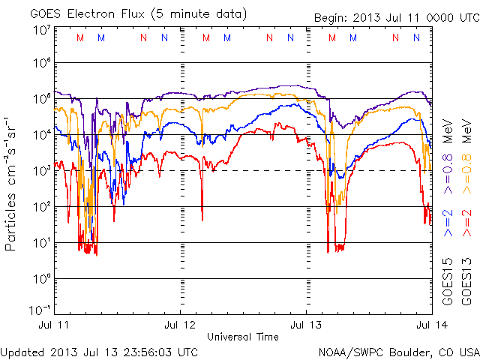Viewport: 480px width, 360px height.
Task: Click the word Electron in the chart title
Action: [x=88, y=13]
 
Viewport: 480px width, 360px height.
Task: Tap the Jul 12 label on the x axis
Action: [x=180, y=327]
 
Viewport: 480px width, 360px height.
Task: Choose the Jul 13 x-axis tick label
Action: [x=305, y=327]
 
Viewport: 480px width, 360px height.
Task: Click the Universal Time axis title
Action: [x=242, y=337]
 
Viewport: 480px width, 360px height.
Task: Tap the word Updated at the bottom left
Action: [x=22, y=351]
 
